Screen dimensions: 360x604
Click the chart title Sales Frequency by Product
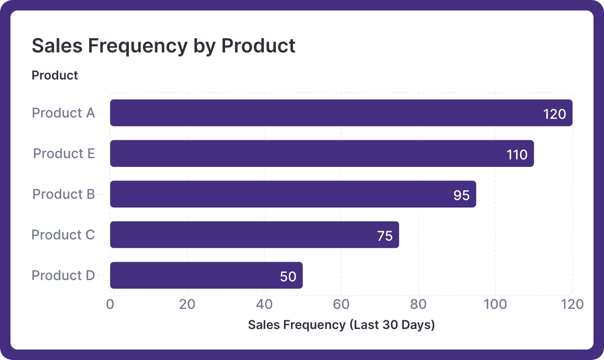point(163,46)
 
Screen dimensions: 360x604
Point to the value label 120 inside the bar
point(554,114)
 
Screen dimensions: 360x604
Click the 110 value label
point(517,155)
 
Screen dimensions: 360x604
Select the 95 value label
point(461,195)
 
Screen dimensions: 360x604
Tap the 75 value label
point(385,236)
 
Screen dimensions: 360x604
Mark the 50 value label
point(288,277)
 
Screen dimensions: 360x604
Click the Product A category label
point(63,113)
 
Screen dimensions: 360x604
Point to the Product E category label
point(64,154)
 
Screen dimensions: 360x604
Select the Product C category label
point(63,235)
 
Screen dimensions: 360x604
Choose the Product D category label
point(63,276)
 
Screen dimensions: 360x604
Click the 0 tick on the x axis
point(110,304)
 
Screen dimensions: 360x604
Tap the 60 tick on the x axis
point(341,304)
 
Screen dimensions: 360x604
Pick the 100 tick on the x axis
point(495,304)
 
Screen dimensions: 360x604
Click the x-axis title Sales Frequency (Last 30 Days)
point(341,325)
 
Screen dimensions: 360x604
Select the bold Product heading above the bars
point(55,76)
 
